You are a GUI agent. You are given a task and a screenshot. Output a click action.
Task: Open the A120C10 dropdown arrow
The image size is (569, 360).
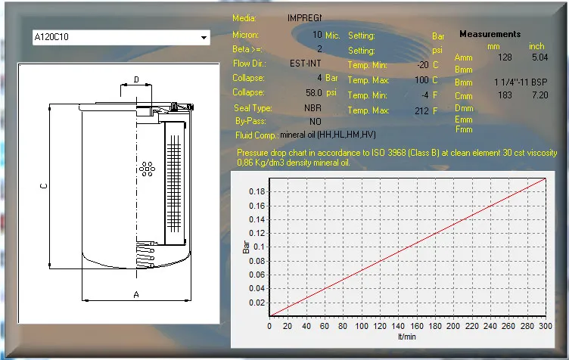[203, 36]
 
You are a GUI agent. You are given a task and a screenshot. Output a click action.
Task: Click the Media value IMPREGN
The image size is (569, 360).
[305, 17]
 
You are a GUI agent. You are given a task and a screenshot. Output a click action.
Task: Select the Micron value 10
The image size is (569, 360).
[317, 35]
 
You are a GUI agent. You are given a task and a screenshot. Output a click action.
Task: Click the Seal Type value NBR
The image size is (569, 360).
[312, 108]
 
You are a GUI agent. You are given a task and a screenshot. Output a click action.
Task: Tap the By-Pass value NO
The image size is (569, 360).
[315, 121]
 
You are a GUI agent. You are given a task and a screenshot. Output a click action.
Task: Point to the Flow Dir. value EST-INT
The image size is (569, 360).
[306, 64]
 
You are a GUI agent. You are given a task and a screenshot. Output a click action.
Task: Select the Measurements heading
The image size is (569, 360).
[490, 34]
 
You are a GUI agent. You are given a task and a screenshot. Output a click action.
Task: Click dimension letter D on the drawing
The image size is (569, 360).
[136, 79]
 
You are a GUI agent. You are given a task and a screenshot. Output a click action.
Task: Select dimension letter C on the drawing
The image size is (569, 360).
[44, 185]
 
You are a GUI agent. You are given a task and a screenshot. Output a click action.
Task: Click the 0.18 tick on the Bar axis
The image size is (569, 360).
[257, 191]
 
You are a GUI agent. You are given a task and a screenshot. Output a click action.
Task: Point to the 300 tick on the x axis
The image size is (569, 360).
[546, 326]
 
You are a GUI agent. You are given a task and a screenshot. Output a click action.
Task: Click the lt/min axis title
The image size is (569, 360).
[408, 336]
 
